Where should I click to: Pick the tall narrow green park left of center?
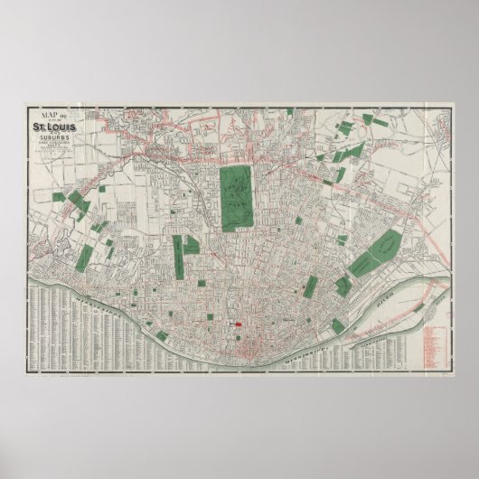tap(179, 256)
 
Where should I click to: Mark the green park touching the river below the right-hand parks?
tap(337, 326)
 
